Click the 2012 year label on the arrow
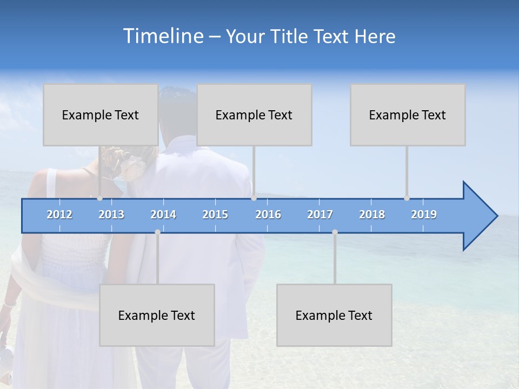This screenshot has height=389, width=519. point(59,214)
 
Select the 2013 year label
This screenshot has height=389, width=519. point(111,214)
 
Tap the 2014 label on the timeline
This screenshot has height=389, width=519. point(163,214)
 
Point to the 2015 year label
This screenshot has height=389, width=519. point(215,214)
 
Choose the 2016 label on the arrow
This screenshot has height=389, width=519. point(268,214)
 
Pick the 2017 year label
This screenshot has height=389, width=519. point(320,214)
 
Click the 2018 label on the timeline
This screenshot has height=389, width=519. point(372,214)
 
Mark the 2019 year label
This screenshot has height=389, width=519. point(424,214)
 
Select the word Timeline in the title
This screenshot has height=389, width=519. point(162,36)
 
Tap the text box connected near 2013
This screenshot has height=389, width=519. point(101,115)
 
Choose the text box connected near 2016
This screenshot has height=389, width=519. point(254,115)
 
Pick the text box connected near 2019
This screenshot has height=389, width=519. point(408,115)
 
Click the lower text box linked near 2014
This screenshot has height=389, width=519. point(157,315)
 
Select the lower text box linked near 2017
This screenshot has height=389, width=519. point(334,315)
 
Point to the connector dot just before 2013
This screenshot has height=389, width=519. point(99,198)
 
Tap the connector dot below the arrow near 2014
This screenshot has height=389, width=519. point(157,232)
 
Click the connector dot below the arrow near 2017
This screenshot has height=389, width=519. point(335,232)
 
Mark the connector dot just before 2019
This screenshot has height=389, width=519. point(407,198)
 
